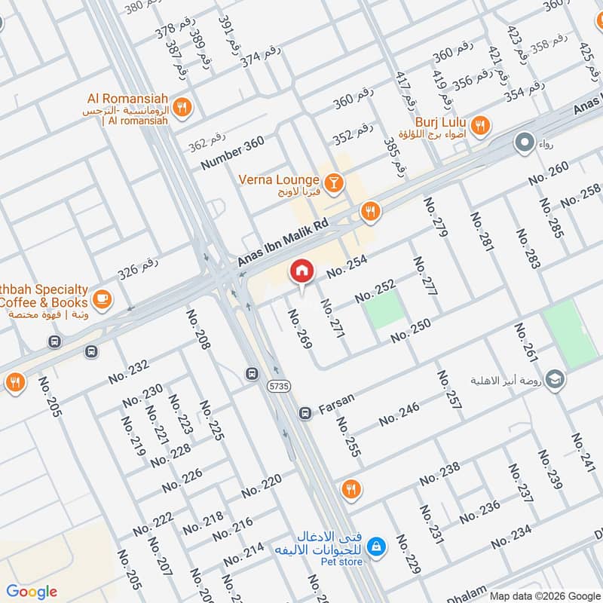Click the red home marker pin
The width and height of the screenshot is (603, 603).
[301, 271]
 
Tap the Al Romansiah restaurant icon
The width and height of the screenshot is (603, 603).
[181, 109]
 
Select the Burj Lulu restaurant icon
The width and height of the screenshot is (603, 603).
[479, 124]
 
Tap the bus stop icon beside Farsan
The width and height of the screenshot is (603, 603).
[305, 413]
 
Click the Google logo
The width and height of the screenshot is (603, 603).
[32, 592]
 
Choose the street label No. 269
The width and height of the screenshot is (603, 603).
[299, 328]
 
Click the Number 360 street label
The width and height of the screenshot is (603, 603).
[232, 153]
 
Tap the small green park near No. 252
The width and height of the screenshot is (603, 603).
[385, 311]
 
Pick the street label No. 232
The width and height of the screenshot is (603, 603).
[129, 369]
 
